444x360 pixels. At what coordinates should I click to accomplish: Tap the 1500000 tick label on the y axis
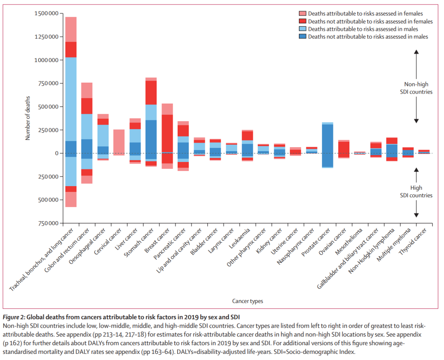click(46, 14)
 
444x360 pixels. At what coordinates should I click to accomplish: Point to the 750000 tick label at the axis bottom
click(46, 224)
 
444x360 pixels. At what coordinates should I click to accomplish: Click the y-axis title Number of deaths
click(28, 118)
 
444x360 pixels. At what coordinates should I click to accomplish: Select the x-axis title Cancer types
click(247, 301)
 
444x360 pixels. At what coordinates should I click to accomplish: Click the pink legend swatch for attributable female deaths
click(303, 14)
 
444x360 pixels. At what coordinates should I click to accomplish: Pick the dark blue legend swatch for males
click(303, 37)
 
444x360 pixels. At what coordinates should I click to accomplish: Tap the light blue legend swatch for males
click(303, 29)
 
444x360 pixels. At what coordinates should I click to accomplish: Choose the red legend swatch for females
click(303, 21)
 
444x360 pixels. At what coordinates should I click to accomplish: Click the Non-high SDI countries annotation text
click(416, 88)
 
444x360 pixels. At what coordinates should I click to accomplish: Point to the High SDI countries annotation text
click(416, 192)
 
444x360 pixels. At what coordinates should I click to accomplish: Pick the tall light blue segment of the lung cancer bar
click(71, 99)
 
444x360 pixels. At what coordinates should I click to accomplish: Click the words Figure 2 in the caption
click(14, 316)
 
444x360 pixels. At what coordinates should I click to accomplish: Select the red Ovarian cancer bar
click(343, 147)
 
